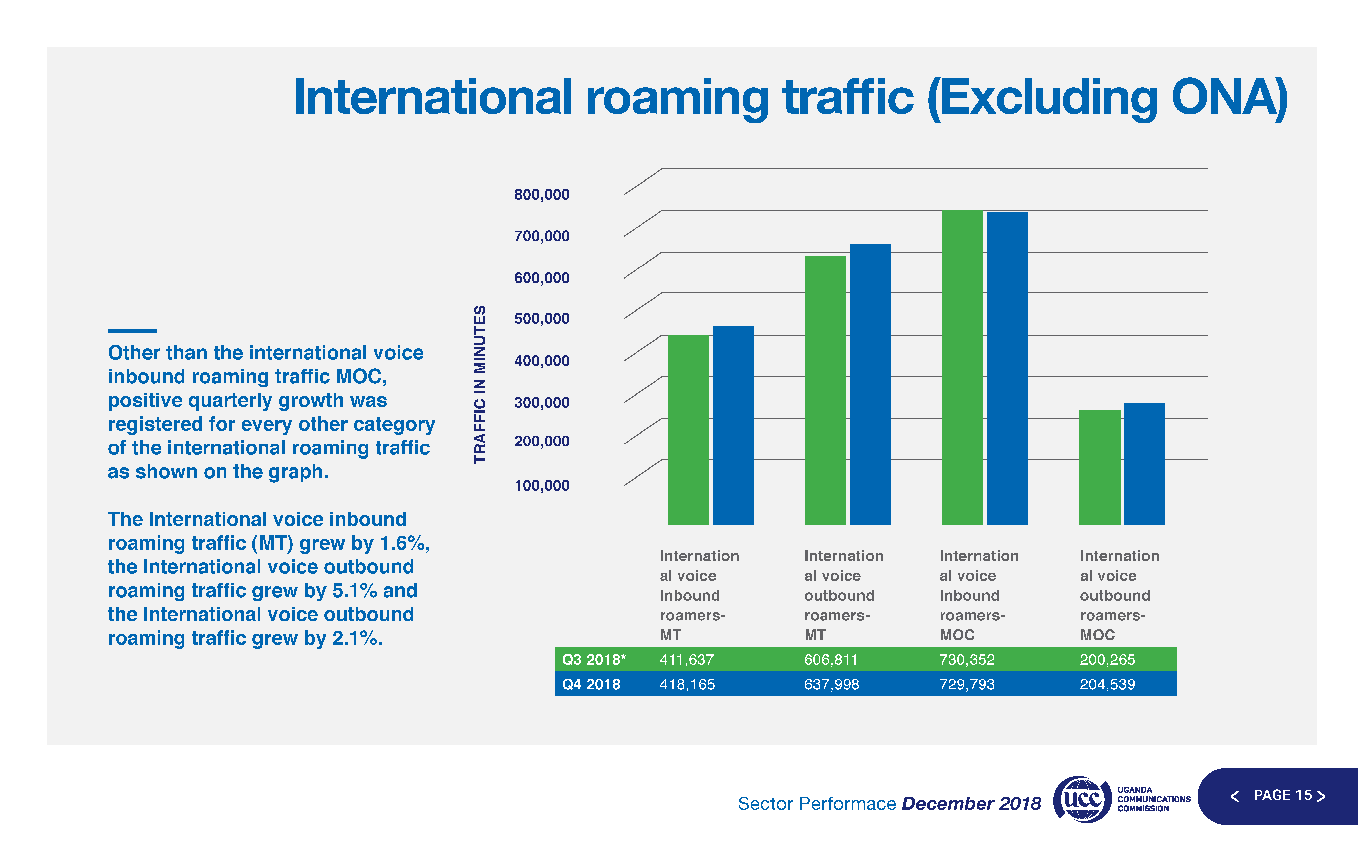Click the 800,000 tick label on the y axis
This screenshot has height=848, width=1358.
pyautogui.click(x=542, y=195)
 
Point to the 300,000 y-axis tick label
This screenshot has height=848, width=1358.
pyautogui.click(x=542, y=403)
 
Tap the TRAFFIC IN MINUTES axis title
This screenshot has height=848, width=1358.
pyautogui.click(x=480, y=384)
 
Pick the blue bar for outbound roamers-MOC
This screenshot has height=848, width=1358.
pyautogui.click(x=1144, y=464)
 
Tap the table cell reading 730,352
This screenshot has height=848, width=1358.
pyautogui.click(x=967, y=660)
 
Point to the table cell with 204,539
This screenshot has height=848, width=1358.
pyautogui.click(x=1107, y=684)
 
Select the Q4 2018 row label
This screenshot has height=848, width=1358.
pyautogui.click(x=591, y=684)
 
